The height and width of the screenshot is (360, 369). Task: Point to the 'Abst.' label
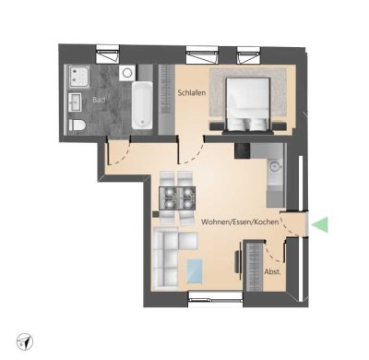pyautogui.click(x=273, y=273)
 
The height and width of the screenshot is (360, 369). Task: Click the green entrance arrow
pyautogui.click(x=320, y=223)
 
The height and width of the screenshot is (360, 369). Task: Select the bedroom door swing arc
pyautogui.click(x=192, y=151)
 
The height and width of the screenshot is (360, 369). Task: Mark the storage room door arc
pyautogui.click(x=276, y=249)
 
